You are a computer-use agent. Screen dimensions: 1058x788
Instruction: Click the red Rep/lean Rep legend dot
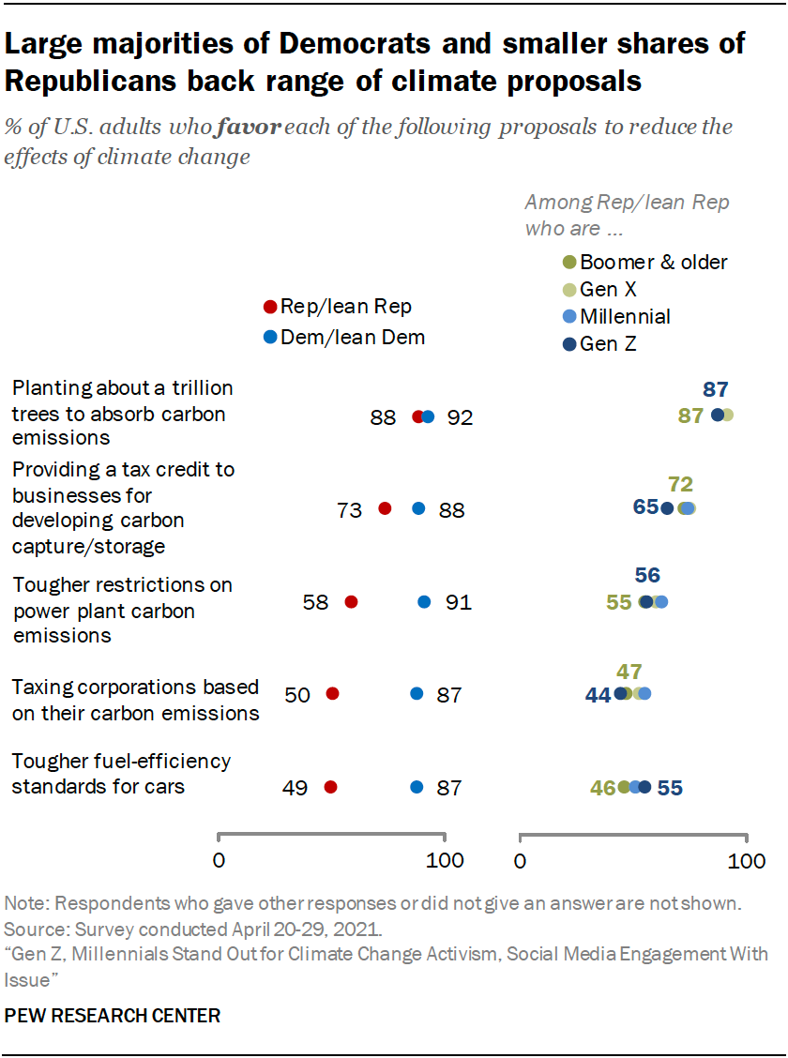(270, 307)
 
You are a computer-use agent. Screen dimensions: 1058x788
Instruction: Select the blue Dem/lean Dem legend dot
(270, 338)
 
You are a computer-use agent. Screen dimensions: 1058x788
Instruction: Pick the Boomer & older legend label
(654, 262)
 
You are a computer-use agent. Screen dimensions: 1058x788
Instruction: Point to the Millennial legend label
(625, 317)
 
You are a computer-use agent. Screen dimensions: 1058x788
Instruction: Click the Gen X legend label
(609, 290)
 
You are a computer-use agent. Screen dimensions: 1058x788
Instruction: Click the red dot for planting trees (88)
(418, 417)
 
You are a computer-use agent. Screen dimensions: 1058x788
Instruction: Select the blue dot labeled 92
(429, 417)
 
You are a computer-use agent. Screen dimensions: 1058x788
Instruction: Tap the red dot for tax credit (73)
(385, 508)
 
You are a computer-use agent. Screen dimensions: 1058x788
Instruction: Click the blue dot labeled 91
(424, 602)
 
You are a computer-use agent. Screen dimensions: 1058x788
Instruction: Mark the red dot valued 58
(351, 602)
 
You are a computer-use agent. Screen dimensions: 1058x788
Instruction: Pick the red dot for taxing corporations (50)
(332, 694)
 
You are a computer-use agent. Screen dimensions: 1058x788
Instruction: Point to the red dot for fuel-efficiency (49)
(330, 788)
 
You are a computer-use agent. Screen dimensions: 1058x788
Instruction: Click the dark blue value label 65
(645, 507)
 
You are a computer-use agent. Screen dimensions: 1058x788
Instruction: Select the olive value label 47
(629, 671)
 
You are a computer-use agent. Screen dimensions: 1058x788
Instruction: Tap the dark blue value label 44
(598, 695)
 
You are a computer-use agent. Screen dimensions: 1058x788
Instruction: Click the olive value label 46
(602, 788)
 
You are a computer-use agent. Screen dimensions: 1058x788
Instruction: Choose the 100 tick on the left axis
(445, 860)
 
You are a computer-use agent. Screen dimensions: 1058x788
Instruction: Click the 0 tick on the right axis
(521, 860)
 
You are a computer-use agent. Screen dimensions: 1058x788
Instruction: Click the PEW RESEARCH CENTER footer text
(114, 1015)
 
